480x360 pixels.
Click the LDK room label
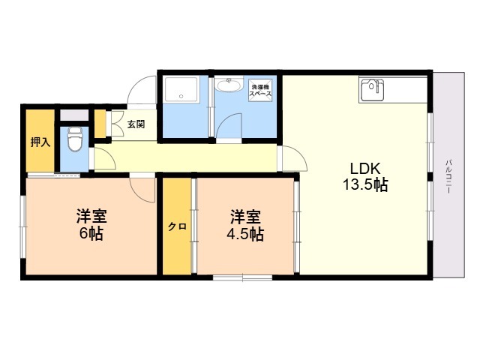click(x=365, y=168)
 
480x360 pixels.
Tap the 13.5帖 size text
click(x=365, y=184)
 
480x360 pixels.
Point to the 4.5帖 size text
click(x=245, y=235)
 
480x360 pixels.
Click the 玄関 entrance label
click(x=136, y=124)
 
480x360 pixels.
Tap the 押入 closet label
click(x=40, y=142)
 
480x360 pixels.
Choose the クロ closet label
click(x=177, y=226)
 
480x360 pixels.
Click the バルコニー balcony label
click(x=448, y=176)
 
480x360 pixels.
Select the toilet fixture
click(x=75, y=139)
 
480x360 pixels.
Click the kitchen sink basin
click(x=372, y=90)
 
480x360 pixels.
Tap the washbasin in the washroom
click(x=229, y=85)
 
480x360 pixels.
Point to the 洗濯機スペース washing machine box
click(x=260, y=90)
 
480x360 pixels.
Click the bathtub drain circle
click(x=181, y=96)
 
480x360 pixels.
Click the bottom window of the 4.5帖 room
click(x=242, y=277)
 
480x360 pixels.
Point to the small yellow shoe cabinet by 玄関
click(x=100, y=123)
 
